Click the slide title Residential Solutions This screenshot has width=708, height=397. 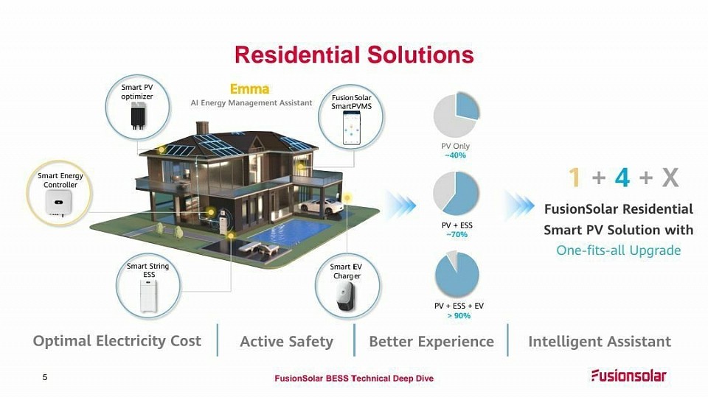354,55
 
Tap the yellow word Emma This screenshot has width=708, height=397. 250,89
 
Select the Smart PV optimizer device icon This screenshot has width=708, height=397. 138,116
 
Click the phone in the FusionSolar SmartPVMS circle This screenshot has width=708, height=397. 351,128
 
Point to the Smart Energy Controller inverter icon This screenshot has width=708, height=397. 58,202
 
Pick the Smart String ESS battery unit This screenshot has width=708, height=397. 148,296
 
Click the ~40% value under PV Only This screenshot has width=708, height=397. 455,155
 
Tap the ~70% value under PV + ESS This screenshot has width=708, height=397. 457,234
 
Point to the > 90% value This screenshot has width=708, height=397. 459,316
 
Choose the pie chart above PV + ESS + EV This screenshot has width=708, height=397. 457,274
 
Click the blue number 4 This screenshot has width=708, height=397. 622,178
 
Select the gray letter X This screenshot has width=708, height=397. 670,178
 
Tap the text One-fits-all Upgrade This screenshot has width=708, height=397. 618,250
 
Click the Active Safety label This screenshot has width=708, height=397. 286,342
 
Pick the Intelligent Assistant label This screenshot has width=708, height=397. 600,342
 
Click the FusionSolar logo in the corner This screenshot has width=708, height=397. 629,376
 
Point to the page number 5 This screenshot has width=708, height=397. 45,377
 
